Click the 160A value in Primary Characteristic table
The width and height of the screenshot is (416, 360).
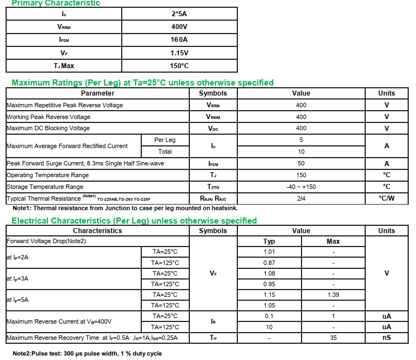tap(179, 40)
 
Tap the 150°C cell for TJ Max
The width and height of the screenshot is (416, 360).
tap(179, 66)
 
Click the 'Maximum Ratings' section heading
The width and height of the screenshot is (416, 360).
tap(142, 83)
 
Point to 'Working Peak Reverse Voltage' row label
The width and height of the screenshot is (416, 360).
tap(48, 117)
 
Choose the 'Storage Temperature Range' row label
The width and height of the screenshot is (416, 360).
tap(45, 187)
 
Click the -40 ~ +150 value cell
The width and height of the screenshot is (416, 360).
tap(301, 187)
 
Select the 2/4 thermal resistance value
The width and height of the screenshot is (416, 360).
tap(301, 198)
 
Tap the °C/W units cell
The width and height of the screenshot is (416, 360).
tap(386, 198)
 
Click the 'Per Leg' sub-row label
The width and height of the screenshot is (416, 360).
tap(165, 140)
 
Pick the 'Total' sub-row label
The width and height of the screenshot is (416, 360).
tap(165, 151)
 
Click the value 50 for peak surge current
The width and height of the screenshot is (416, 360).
tap(301, 164)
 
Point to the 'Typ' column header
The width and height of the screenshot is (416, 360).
tap(269, 241)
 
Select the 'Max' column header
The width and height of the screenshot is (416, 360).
tap(333, 241)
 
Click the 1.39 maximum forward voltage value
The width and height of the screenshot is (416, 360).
tap(333, 295)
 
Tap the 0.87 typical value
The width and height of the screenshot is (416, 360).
tap(269, 263)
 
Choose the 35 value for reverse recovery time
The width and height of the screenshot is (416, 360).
tap(333, 338)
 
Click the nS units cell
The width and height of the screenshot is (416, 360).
tap(386, 338)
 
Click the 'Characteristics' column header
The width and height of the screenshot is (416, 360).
tap(97, 231)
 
